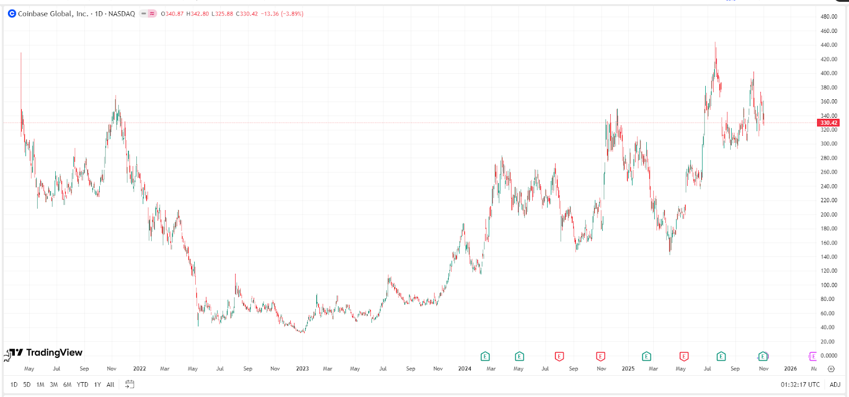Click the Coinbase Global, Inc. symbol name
click(53, 14)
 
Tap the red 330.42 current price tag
click(828, 123)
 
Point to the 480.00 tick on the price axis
click(828, 16)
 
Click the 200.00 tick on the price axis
click(828, 214)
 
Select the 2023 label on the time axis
click(302, 368)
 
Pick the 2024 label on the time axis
click(465, 368)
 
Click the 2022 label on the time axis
click(140, 368)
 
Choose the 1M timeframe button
click(40, 385)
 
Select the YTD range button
click(82, 385)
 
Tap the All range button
click(110, 385)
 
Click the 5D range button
click(27, 385)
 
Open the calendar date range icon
click(129, 384)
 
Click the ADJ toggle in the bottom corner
click(835, 385)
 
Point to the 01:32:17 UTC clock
click(800, 385)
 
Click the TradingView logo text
click(54, 352)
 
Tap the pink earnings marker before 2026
click(812, 356)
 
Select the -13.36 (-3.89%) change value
click(282, 14)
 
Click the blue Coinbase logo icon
click(12, 14)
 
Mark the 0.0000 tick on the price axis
click(828, 356)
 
